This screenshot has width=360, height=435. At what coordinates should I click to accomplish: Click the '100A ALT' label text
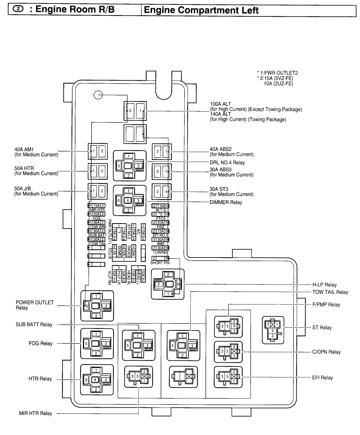point(221,104)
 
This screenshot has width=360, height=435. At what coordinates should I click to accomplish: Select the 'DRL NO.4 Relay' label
point(227,163)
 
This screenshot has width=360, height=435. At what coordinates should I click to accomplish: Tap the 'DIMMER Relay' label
point(226,203)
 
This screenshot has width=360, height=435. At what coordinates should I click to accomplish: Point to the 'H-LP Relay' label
point(324,285)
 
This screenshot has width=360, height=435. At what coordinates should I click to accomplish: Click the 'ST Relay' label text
point(322,328)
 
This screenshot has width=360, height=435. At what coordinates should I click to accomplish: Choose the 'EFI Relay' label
point(322,378)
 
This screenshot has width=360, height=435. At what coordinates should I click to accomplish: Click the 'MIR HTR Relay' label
point(35,413)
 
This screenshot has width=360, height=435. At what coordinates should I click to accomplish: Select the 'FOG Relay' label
point(40,344)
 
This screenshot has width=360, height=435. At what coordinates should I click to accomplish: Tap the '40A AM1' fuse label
point(24,150)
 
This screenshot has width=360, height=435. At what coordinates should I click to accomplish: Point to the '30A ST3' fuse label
point(219,189)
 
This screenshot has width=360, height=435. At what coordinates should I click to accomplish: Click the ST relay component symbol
point(273,330)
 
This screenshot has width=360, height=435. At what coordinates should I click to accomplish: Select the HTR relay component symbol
point(97,380)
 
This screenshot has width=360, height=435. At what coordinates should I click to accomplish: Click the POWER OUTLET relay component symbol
point(97,306)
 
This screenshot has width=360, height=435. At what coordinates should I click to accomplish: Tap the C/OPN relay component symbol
point(228,352)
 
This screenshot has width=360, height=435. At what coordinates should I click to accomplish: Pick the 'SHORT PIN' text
point(160,263)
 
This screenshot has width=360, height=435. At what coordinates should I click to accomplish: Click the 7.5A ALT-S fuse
point(160,206)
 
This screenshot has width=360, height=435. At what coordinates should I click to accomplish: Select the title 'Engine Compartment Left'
point(201,10)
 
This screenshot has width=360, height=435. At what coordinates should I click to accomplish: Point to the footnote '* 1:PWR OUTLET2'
point(275,73)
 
